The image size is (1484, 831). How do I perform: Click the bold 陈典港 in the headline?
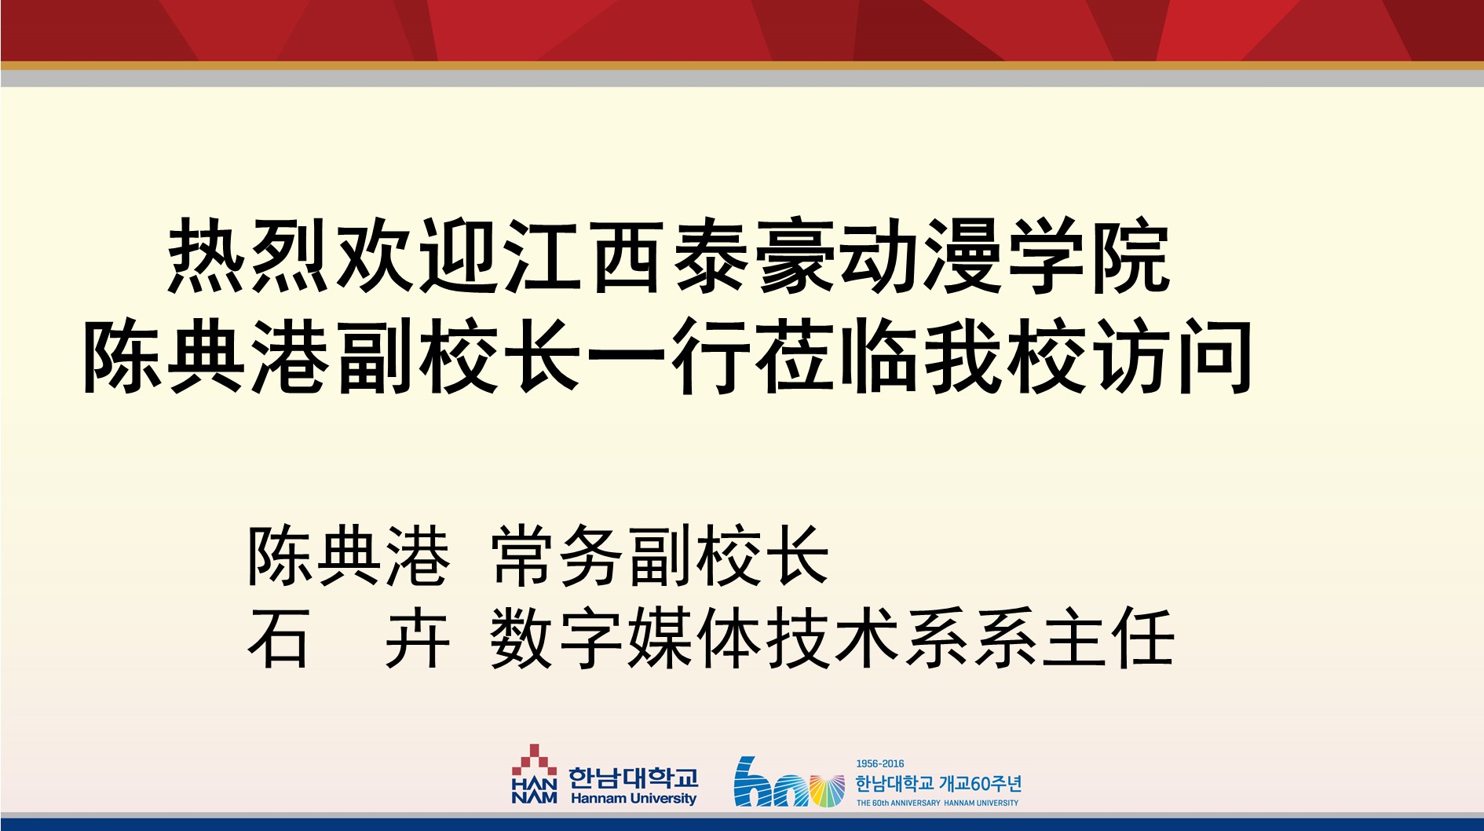207,356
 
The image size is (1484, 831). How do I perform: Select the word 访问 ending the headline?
1172,356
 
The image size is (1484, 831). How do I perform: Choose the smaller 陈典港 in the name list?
349,555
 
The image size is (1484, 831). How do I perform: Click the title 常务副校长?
660,555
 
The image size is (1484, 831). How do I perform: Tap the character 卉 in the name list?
418,638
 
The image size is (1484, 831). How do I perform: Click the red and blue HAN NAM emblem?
534,774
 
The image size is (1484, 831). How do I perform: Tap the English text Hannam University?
634,798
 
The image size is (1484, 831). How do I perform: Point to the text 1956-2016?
879,763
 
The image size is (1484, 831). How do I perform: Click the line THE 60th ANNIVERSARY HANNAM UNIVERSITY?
938,803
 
